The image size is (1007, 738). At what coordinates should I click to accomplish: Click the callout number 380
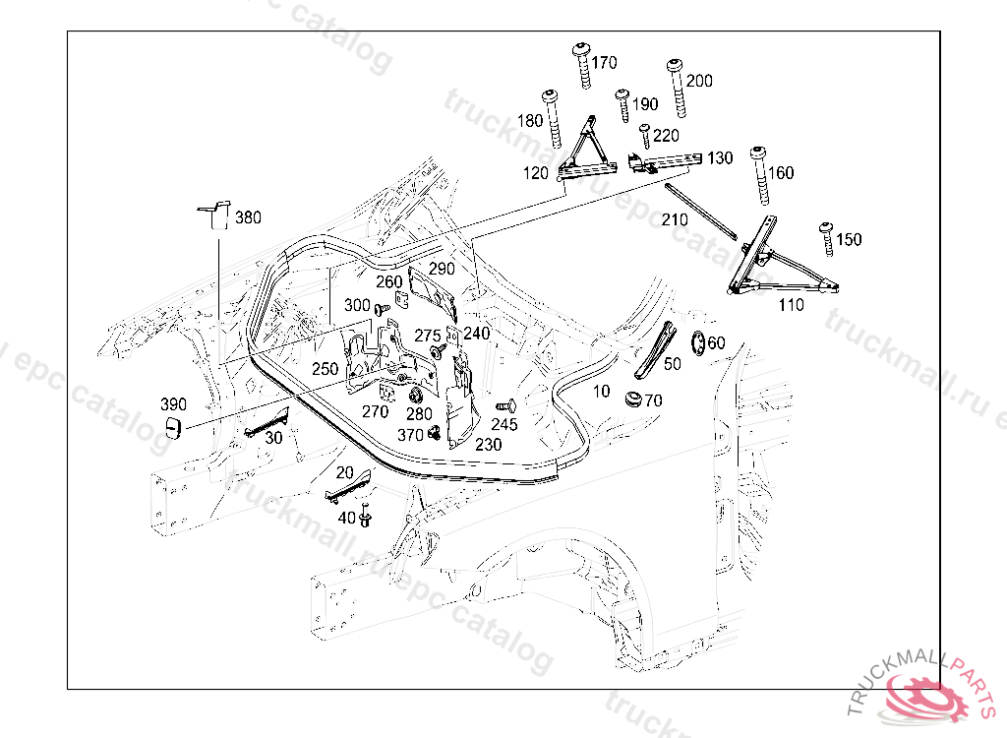coord(248,217)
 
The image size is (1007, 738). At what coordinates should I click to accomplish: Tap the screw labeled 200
coord(676,87)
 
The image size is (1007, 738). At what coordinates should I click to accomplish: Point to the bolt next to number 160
coord(759,173)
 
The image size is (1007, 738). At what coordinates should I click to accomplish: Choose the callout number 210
coord(675,220)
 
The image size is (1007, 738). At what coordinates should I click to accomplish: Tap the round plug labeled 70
coord(632,400)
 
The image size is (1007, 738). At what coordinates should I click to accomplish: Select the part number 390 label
coord(174,404)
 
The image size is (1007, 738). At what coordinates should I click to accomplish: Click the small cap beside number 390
coord(174,428)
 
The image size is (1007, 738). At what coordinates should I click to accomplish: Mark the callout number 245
coord(504,424)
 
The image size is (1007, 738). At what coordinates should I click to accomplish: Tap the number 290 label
coord(442,268)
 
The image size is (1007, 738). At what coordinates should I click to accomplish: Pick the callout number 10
coord(602,392)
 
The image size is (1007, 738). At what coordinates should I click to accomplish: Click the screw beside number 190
coord(622,104)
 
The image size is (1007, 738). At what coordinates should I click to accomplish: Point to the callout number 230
coord(488,445)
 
